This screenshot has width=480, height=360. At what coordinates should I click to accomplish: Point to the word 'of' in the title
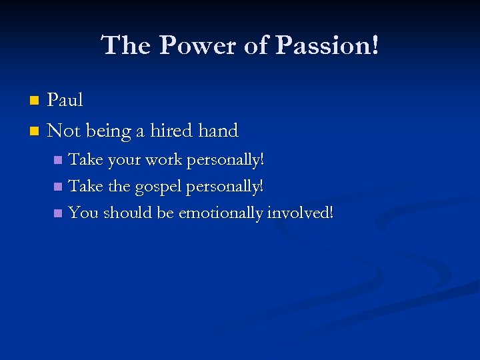pos(253,45)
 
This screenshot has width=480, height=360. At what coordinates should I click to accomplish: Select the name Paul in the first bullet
pos(65,100)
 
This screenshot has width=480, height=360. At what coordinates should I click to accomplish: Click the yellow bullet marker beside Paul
pos(35,101)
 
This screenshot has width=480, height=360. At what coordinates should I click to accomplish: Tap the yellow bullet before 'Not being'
pos(35,131)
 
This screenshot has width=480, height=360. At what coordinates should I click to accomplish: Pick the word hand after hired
pos(218,131)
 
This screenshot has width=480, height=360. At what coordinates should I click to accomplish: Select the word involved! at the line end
pos(299,213)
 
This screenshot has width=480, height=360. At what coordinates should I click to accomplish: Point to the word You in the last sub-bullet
pos(83,213)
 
